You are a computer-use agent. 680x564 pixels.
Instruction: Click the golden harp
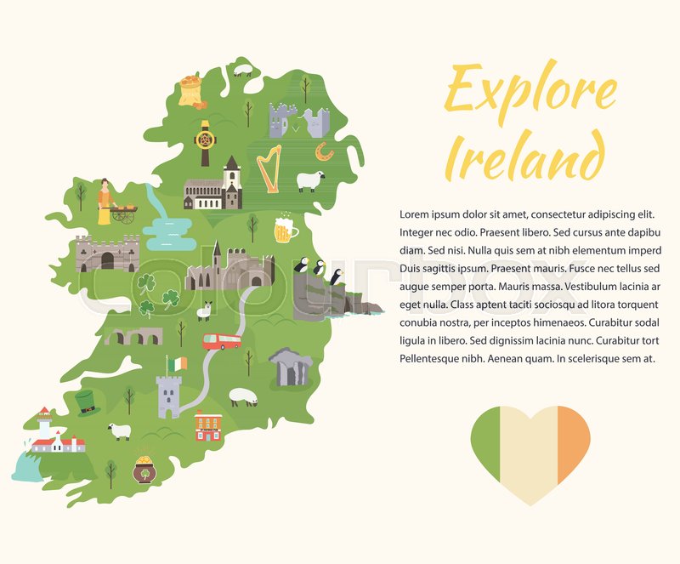click(x=269, y=169)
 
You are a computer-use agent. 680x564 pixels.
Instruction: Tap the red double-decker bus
click(x=221, y=341)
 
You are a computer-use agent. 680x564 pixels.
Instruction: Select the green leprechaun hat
click(x=86, y=402)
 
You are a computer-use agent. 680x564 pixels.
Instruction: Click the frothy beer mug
click(x=285, y=229)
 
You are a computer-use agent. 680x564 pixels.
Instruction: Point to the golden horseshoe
click(x=324, y=152)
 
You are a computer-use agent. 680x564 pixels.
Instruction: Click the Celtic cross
click(x=204, y=142)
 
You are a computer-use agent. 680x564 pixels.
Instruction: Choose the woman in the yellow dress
click(x=105, y=205)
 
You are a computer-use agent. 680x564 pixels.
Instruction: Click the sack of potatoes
click(x=190, y=90)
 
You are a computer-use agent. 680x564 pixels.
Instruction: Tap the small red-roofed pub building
click(x=207, y=424)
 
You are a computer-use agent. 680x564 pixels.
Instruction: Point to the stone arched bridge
click(x=133, y=336)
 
